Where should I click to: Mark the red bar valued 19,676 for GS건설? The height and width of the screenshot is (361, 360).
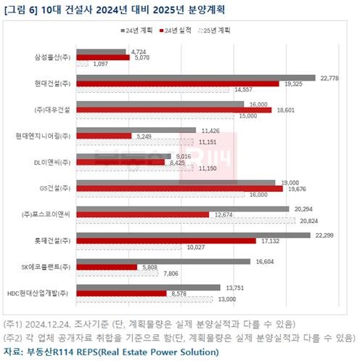click(179, 188)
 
